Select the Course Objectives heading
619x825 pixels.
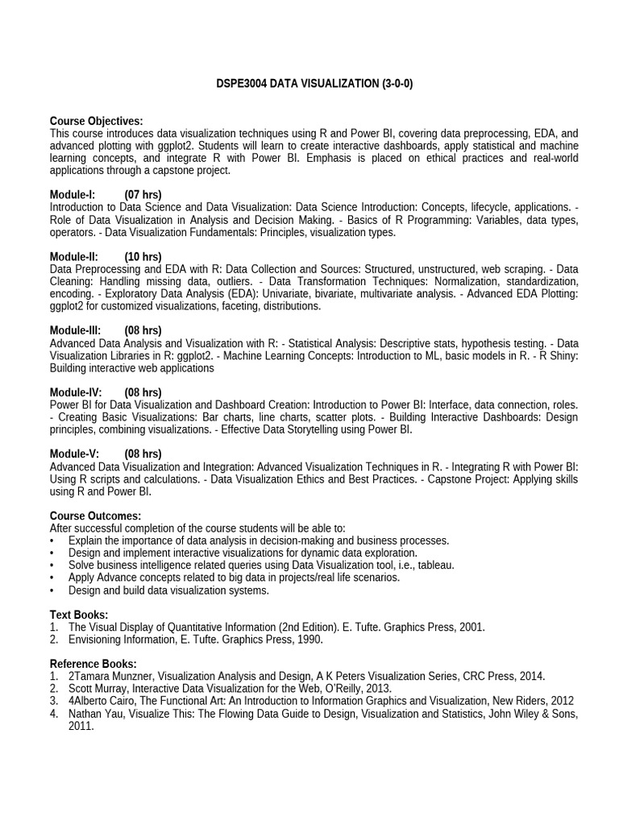(96, 121)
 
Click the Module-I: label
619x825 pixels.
(73, 195)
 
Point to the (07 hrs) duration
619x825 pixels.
(143, 195)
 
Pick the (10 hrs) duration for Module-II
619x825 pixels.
(143, 256)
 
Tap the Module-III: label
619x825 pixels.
(75, 330)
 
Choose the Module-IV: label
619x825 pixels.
(75, 392)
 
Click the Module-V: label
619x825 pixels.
(74, 454)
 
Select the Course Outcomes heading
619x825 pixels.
(95, 516)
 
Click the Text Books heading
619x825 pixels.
(79, 615)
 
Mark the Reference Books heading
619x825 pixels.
(91, 664)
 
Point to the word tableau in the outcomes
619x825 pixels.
(434, 566)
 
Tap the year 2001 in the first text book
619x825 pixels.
(472, 627)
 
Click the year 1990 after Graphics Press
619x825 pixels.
(308, 640)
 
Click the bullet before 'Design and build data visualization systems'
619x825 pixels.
(52, 591)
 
